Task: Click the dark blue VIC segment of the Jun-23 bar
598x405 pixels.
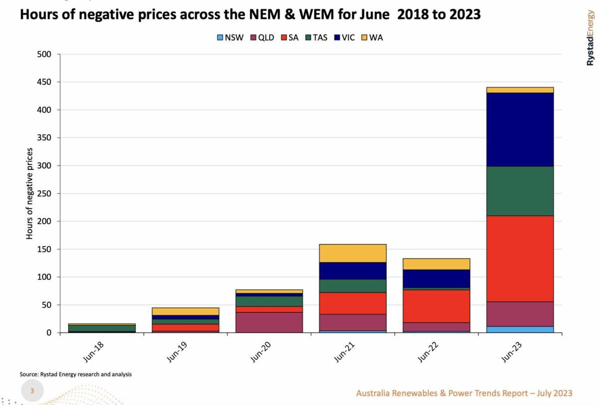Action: click(520, 130)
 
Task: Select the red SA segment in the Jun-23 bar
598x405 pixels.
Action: click(520, 259)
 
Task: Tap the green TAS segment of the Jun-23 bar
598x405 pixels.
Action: click(520, 191)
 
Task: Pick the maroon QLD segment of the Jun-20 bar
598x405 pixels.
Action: click(269, 322)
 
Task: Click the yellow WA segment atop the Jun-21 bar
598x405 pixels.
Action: click(352, 253)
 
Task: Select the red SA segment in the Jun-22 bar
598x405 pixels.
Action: click(436, 306)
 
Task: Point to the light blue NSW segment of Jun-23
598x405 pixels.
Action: click(520, 329)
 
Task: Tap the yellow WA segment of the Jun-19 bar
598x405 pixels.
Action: click(185, 311)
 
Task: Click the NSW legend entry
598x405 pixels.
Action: click(230, 37)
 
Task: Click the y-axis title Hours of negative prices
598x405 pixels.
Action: click(29, 193)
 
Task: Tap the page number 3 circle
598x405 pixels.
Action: click(32, 391)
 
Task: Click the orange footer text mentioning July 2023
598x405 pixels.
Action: click(464, 393)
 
